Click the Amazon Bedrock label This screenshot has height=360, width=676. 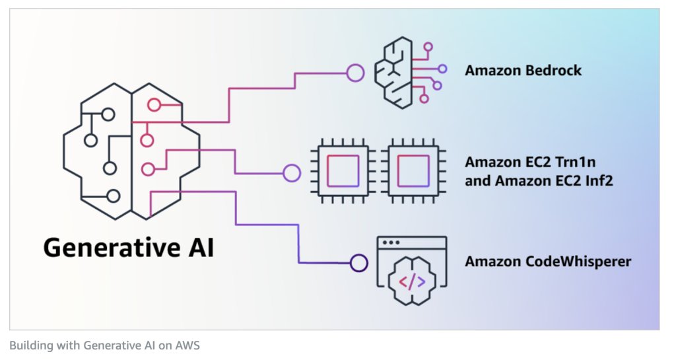click(x=523, y=70)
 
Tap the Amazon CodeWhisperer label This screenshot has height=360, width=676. click(x=548, y=262)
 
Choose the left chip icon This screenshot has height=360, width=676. click(x=343, y=170)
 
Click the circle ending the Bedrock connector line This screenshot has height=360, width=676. click(x=356, y=72)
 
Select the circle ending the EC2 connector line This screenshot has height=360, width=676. click(x=291, y=173)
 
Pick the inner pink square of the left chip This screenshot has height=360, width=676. click(x=343, y=170)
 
